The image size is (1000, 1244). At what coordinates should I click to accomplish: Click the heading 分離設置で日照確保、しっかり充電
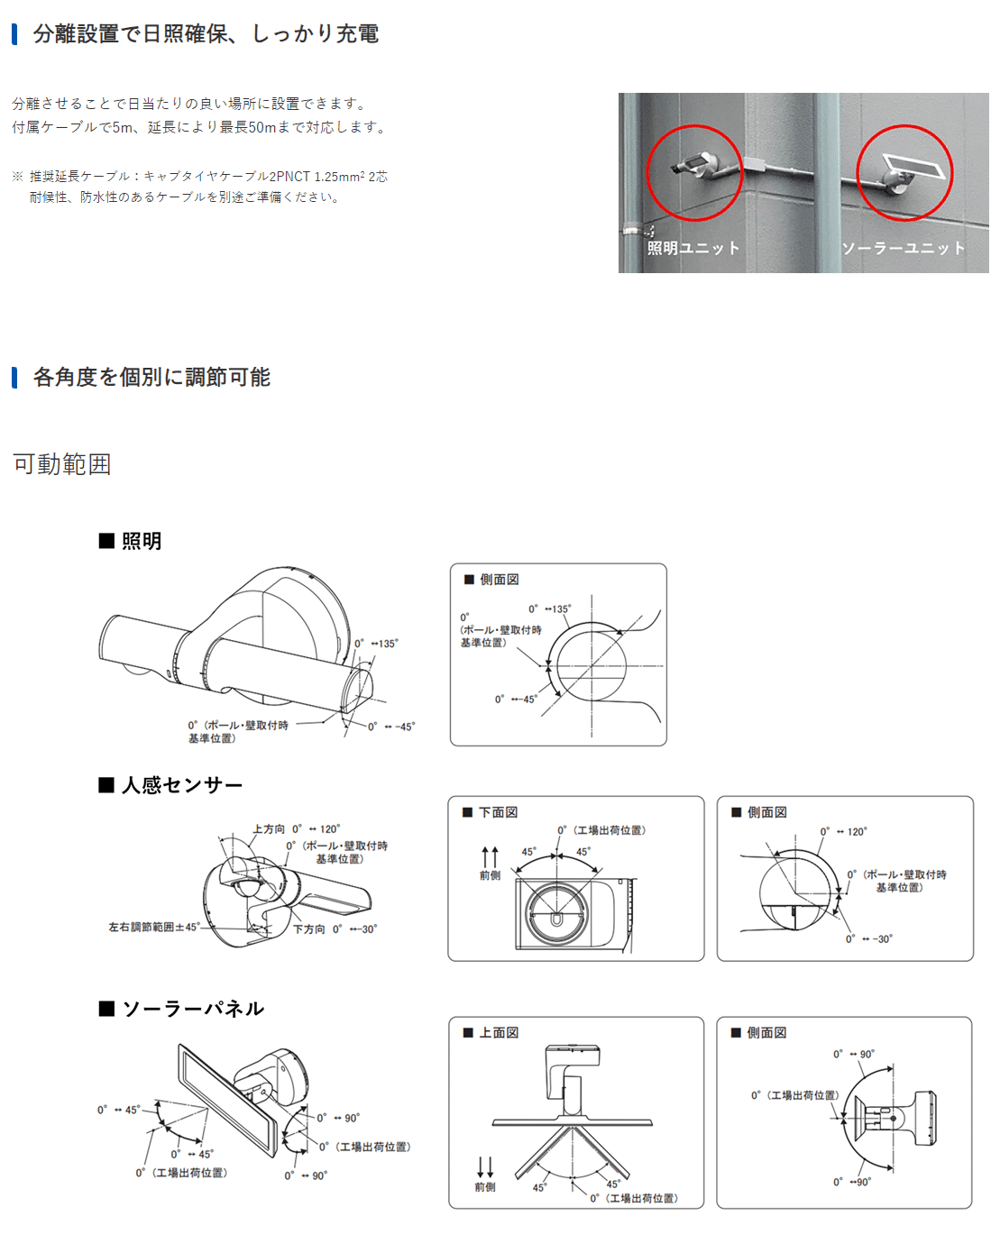pos(206,33)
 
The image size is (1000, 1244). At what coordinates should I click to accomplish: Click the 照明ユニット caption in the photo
pos(693,248)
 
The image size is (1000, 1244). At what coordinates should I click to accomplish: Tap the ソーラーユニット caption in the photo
pos(903,248)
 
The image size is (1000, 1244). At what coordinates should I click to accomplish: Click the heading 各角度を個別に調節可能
pos(151,377)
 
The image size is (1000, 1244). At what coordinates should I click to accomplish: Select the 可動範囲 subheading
pos(62,463)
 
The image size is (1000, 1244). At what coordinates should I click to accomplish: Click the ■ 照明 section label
pos(130,541)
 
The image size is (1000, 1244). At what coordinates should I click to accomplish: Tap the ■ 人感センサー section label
pos(170,785)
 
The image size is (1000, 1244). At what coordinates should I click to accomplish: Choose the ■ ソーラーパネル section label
pos(181,1009)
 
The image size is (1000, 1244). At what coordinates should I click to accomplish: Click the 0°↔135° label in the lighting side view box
pos(549,608)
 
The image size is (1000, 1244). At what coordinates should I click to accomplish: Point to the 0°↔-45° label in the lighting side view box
pos(516,699)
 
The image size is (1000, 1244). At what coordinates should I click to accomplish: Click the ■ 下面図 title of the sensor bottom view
pos(490,812)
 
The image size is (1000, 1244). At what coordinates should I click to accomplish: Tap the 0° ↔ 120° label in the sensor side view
pos(843,831)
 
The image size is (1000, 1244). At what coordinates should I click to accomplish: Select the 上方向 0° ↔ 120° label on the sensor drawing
pos(296,829)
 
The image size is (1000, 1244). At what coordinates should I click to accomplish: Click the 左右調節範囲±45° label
pos(154,927)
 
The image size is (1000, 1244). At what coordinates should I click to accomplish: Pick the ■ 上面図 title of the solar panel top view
pos(491,1032)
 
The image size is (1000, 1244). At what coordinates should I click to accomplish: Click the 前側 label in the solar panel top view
pos(485,1187)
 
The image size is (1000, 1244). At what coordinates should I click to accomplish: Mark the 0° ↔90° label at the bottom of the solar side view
pos(851,1182)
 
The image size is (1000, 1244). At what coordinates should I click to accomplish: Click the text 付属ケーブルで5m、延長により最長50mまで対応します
pos(200,126)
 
